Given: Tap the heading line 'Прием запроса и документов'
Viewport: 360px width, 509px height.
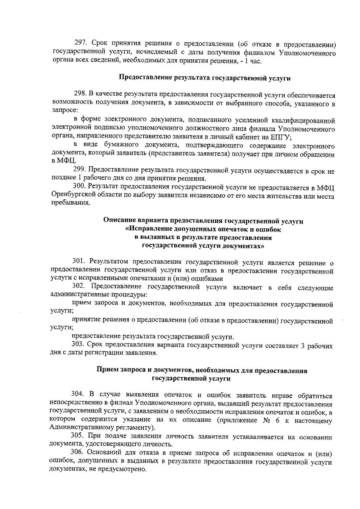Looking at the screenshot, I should [x=201, y=370].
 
